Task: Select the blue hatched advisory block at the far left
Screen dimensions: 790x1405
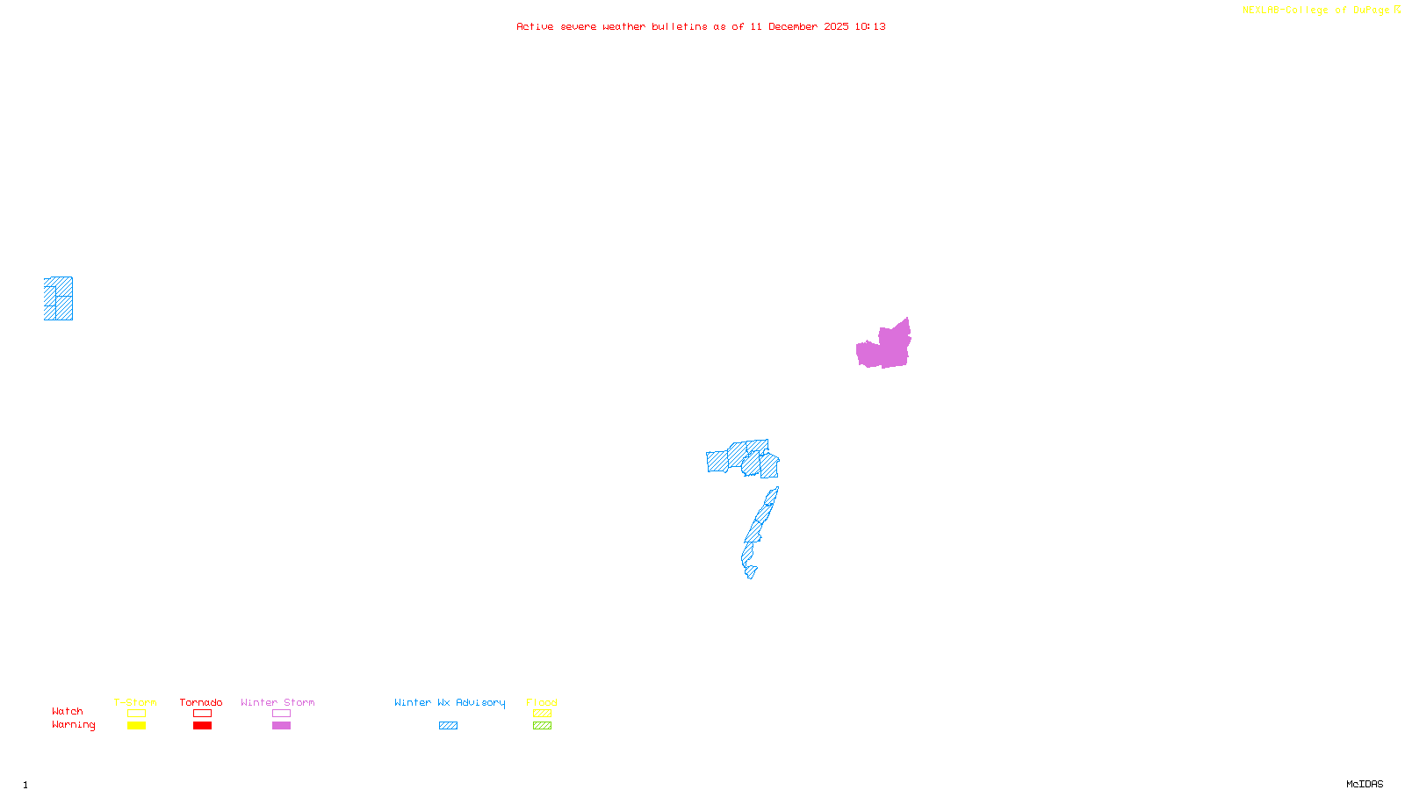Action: pyautogui.click(x=59, y=298)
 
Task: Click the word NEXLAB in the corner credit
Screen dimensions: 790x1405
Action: pyautogui.click(x=1261, y=11)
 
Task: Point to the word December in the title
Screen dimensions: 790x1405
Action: pyautogui.click(x=793, y=27)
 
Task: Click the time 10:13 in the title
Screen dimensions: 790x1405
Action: pyautogui.click(x=870, y=27)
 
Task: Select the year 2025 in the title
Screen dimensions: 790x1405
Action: pyautogui.click(x=836, y=27)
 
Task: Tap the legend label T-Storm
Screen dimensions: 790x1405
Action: pyautogui.click(x=135, y=702)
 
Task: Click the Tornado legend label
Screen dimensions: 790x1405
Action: pyautogui.click(x=201, y=702)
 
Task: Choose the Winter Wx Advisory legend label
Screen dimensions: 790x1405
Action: pyautogui.click(x=450, y=702)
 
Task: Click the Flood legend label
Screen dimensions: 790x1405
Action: pyautogui.click(x=542, y=702)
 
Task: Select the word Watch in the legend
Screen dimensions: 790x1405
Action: pyautogui.click(x=68, y=711)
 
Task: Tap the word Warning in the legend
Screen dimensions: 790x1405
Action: pyautogui.click(x=74, y=725)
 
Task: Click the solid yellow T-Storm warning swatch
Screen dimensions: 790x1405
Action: pyautogui.click(x=136, y=726)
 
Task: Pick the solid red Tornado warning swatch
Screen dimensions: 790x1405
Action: pyautogui.click(x=202, y=726)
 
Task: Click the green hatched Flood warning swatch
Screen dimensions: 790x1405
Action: pyautogui.click(x=542, y=726)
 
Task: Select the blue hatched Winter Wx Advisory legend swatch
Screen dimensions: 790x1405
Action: pyautogui.click(x=448, y=726)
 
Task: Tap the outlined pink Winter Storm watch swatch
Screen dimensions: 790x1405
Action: pyautogui.click(x=281, y=714)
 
